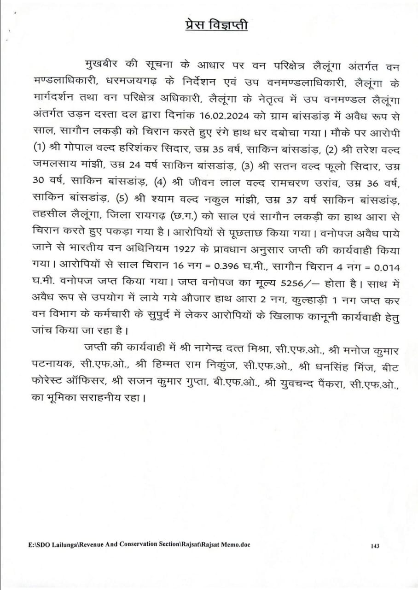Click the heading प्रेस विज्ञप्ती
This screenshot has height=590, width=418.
pyautogui.click(x=213, y=25)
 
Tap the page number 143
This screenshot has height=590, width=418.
pyautogui.click(x=374, y=546)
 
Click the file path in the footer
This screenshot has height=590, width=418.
pyautogui.click(x=139, y=544)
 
